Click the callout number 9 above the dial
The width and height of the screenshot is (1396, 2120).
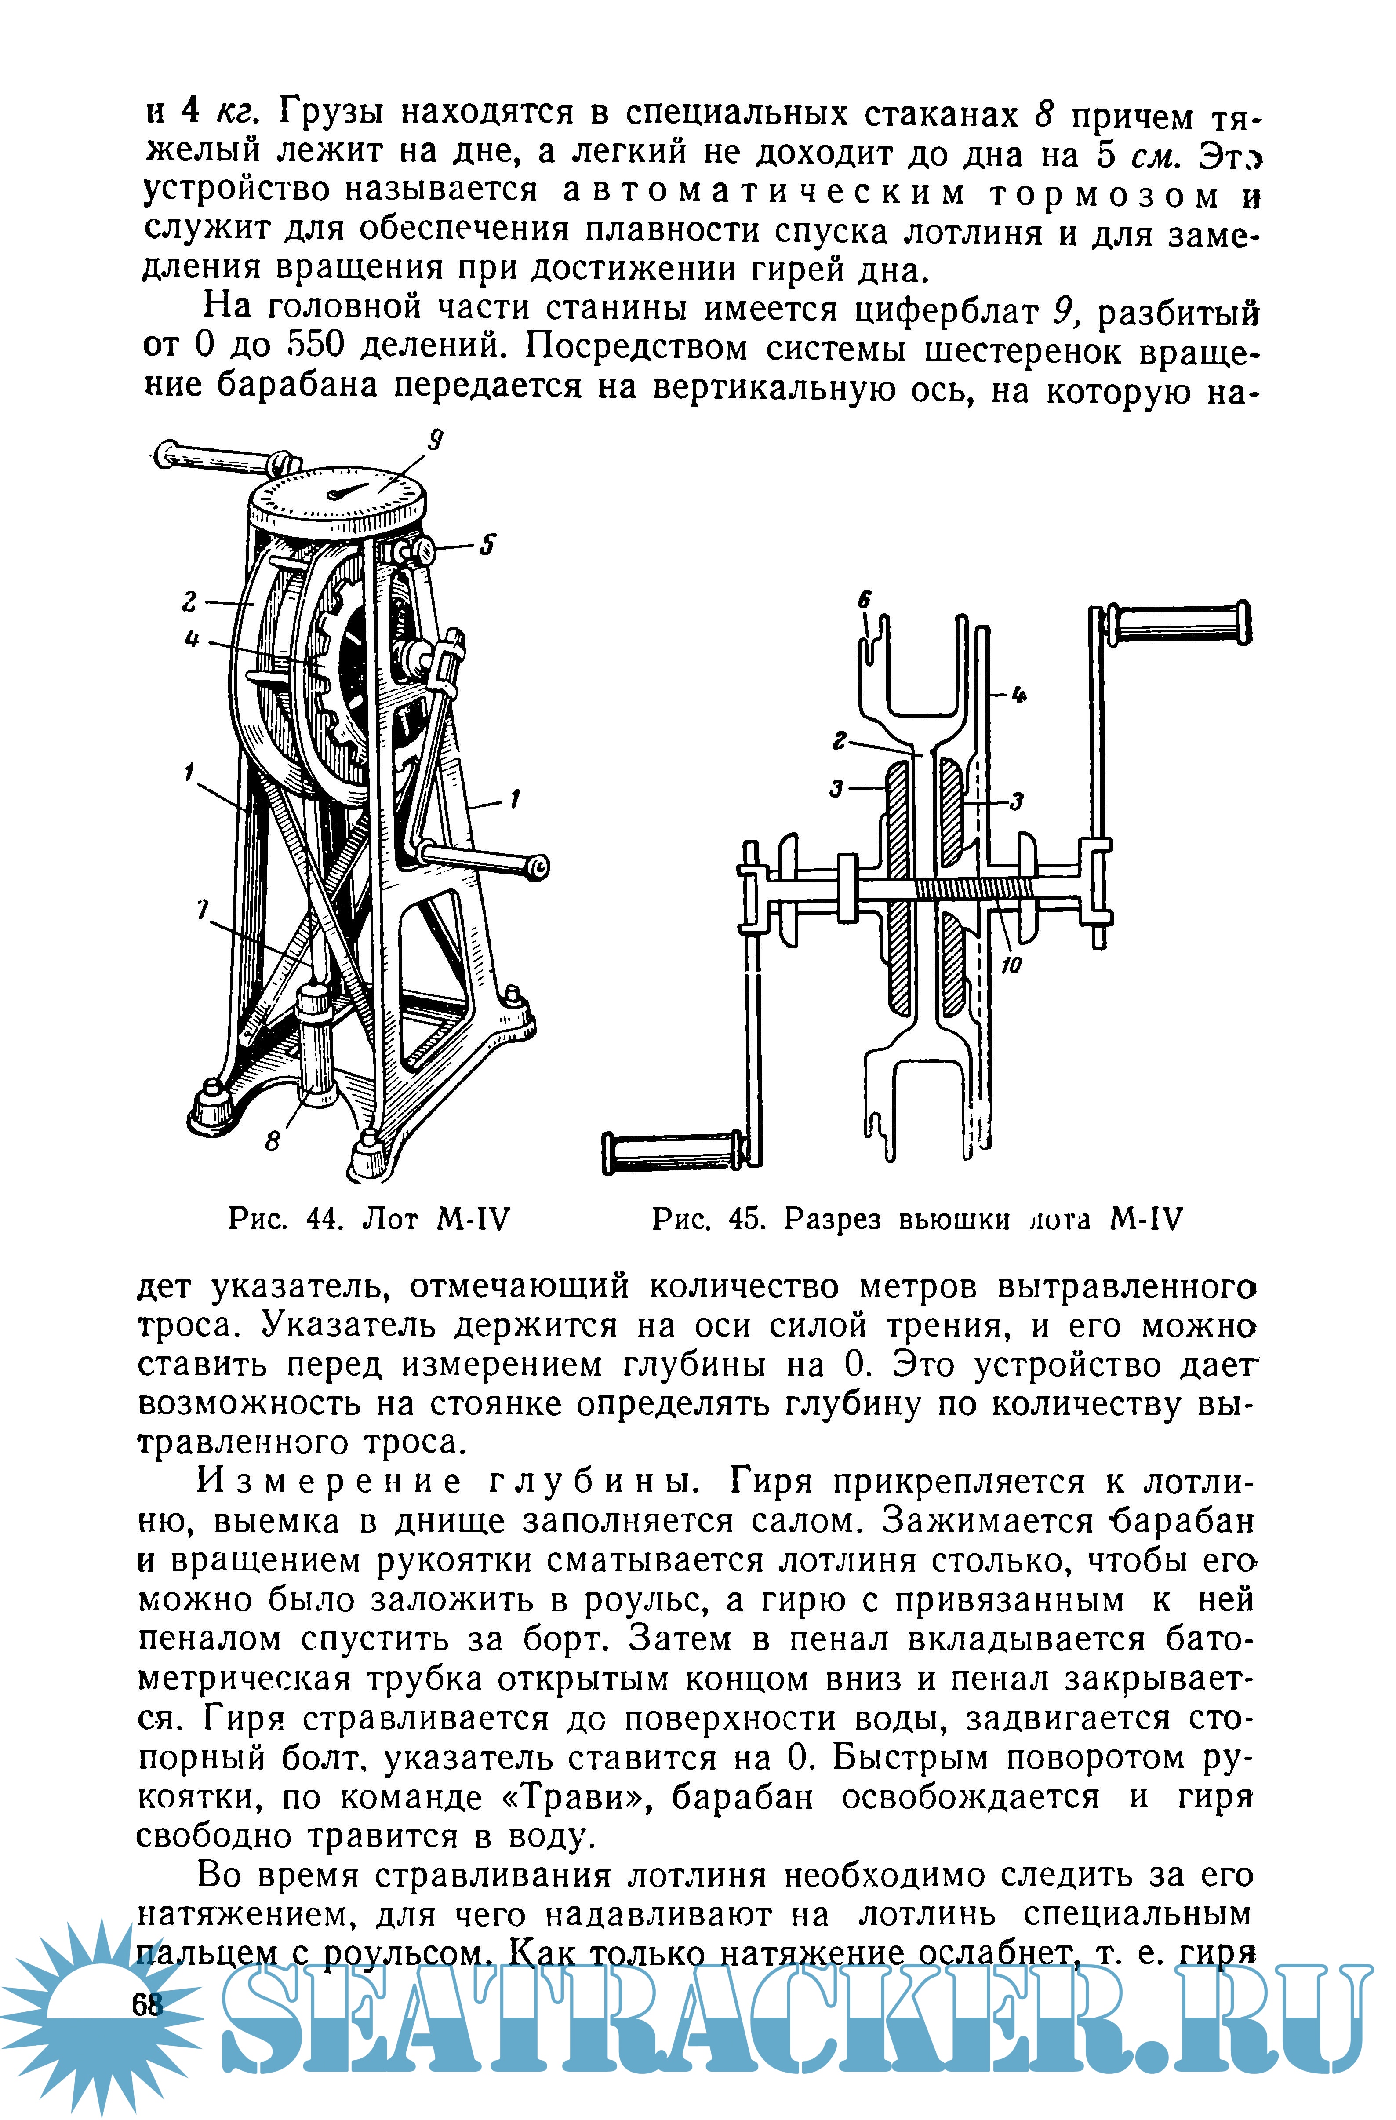point(435,440)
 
